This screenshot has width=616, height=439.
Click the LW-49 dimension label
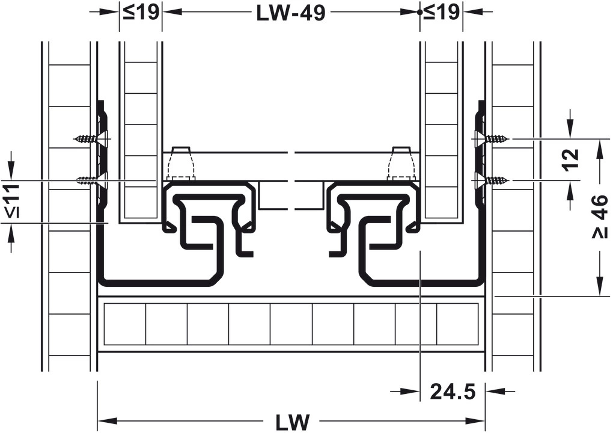[x=291, y=13]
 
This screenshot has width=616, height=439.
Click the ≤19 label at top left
[x=141, y=12]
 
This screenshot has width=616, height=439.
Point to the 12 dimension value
[x=571, y=159]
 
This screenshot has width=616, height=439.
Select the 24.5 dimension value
[x=453, y=391]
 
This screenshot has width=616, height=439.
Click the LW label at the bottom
[x=291, y=422]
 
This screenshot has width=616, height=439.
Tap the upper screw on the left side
[x=91, y=139]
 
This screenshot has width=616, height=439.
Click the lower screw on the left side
[x=91, y=180]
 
